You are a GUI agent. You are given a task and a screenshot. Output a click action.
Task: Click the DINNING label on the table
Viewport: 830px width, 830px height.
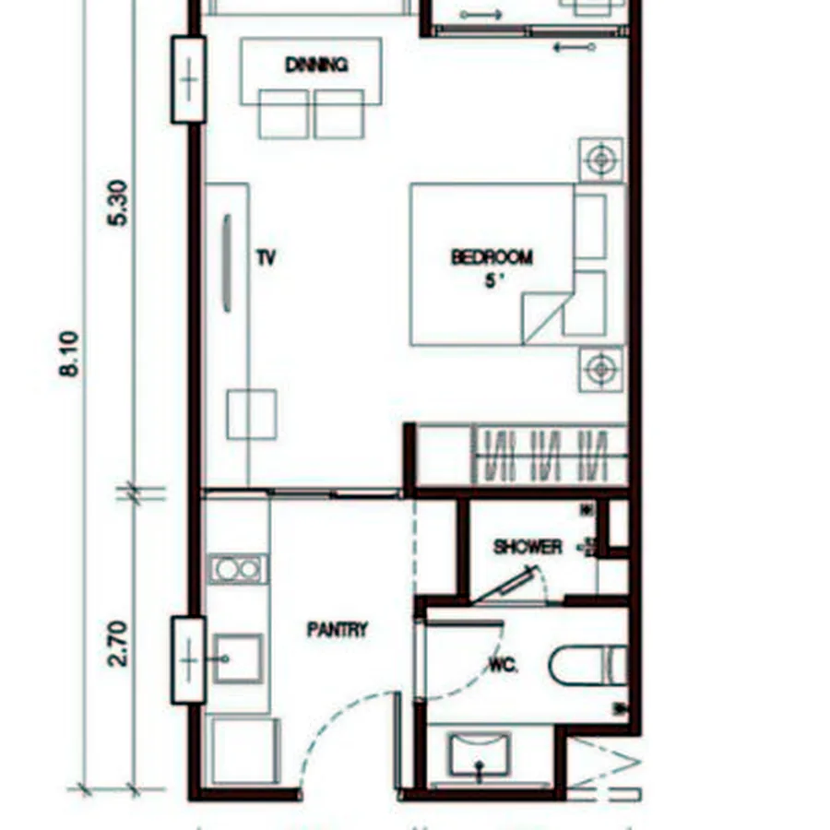(x=316, y=65)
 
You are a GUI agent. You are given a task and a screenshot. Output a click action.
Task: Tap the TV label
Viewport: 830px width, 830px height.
(x=267, y=258)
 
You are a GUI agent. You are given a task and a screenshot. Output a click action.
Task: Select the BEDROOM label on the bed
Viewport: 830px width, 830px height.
(x=492, y=257)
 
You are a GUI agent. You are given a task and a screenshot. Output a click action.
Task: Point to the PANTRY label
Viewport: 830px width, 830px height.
(x=338, y=629)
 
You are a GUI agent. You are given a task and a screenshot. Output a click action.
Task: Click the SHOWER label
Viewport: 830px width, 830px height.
(x=528, y=547)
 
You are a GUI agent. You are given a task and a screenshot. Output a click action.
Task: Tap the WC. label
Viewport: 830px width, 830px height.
(x=503, y=665)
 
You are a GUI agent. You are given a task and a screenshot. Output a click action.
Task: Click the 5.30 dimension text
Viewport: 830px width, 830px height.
(x=118, y=203)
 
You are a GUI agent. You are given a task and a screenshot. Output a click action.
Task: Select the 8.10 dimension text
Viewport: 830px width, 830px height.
(x=69, y=353)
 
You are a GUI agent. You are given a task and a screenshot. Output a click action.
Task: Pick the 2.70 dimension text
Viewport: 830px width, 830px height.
(x=117, y=644)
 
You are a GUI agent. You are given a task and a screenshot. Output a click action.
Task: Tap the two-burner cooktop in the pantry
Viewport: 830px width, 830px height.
(x=238, y=569)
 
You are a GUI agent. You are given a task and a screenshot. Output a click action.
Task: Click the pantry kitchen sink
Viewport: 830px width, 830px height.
(x=238, y=658)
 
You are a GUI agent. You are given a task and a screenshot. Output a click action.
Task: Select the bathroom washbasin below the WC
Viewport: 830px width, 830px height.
(x=480, y=754)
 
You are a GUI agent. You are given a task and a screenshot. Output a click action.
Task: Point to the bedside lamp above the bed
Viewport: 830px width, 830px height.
(x=600, y=160)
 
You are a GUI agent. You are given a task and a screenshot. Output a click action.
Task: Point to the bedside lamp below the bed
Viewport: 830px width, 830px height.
(x=600, y=369)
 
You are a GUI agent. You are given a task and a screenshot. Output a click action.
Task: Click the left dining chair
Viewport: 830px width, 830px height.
(x=284, y=114)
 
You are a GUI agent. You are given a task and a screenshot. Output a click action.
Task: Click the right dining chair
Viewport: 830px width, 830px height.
(x=338, y=114)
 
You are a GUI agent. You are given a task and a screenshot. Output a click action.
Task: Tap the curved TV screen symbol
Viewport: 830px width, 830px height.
(x=228, y=263)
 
